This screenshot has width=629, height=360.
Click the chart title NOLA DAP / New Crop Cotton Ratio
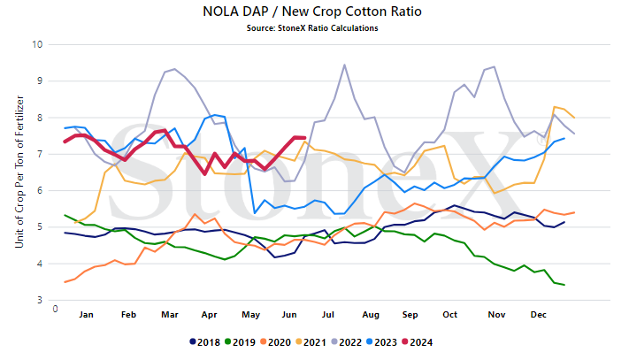tap(312, 11)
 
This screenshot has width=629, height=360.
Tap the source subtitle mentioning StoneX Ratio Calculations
tap(312, 28)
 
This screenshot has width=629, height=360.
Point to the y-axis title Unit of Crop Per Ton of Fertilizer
tap(19, 172)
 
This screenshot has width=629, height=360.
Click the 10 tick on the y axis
tap(37, 44)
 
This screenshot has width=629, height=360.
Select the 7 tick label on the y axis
tap(40, 154)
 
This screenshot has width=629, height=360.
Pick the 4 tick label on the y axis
tap(40, 264)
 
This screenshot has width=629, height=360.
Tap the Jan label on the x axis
tap(86, 315)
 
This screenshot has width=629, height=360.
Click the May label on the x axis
tap(250, 315)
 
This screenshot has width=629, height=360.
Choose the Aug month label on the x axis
tap(371, 315)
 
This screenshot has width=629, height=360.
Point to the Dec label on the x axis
tap(539, 315)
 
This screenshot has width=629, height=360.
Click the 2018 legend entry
tap(204, 342)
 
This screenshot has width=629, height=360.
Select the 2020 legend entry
tap(275, 342)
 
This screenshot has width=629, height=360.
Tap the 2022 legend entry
tap(346, 342)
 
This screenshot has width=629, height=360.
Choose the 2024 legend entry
tap(418, 342)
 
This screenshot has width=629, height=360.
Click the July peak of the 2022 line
tap(344, 65)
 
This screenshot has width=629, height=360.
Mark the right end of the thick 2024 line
tap(305, 138)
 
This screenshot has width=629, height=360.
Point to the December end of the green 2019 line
tap(564, 285)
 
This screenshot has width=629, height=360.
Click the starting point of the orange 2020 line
tap(65, 282)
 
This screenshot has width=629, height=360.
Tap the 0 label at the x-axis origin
tap(56, 309)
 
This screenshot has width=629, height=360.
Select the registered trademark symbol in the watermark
tap(541, 139)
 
